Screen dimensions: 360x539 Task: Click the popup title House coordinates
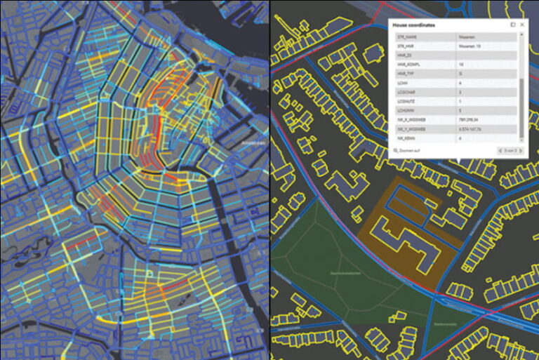[413, 25]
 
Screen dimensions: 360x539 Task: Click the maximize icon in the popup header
[513, 25]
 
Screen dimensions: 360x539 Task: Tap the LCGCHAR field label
[406, 92]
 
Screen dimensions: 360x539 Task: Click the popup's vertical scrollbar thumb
[520, 105]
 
